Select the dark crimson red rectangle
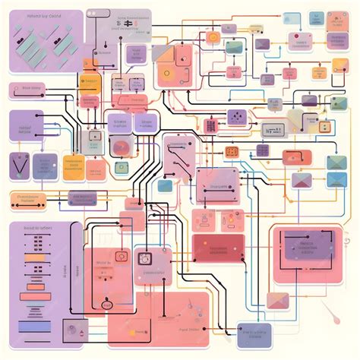click(219, 248)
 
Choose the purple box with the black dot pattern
click(236, 117)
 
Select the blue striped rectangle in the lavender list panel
click(35, 325)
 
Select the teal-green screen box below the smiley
click(234, 47)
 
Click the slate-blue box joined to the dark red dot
click(252, 331)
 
